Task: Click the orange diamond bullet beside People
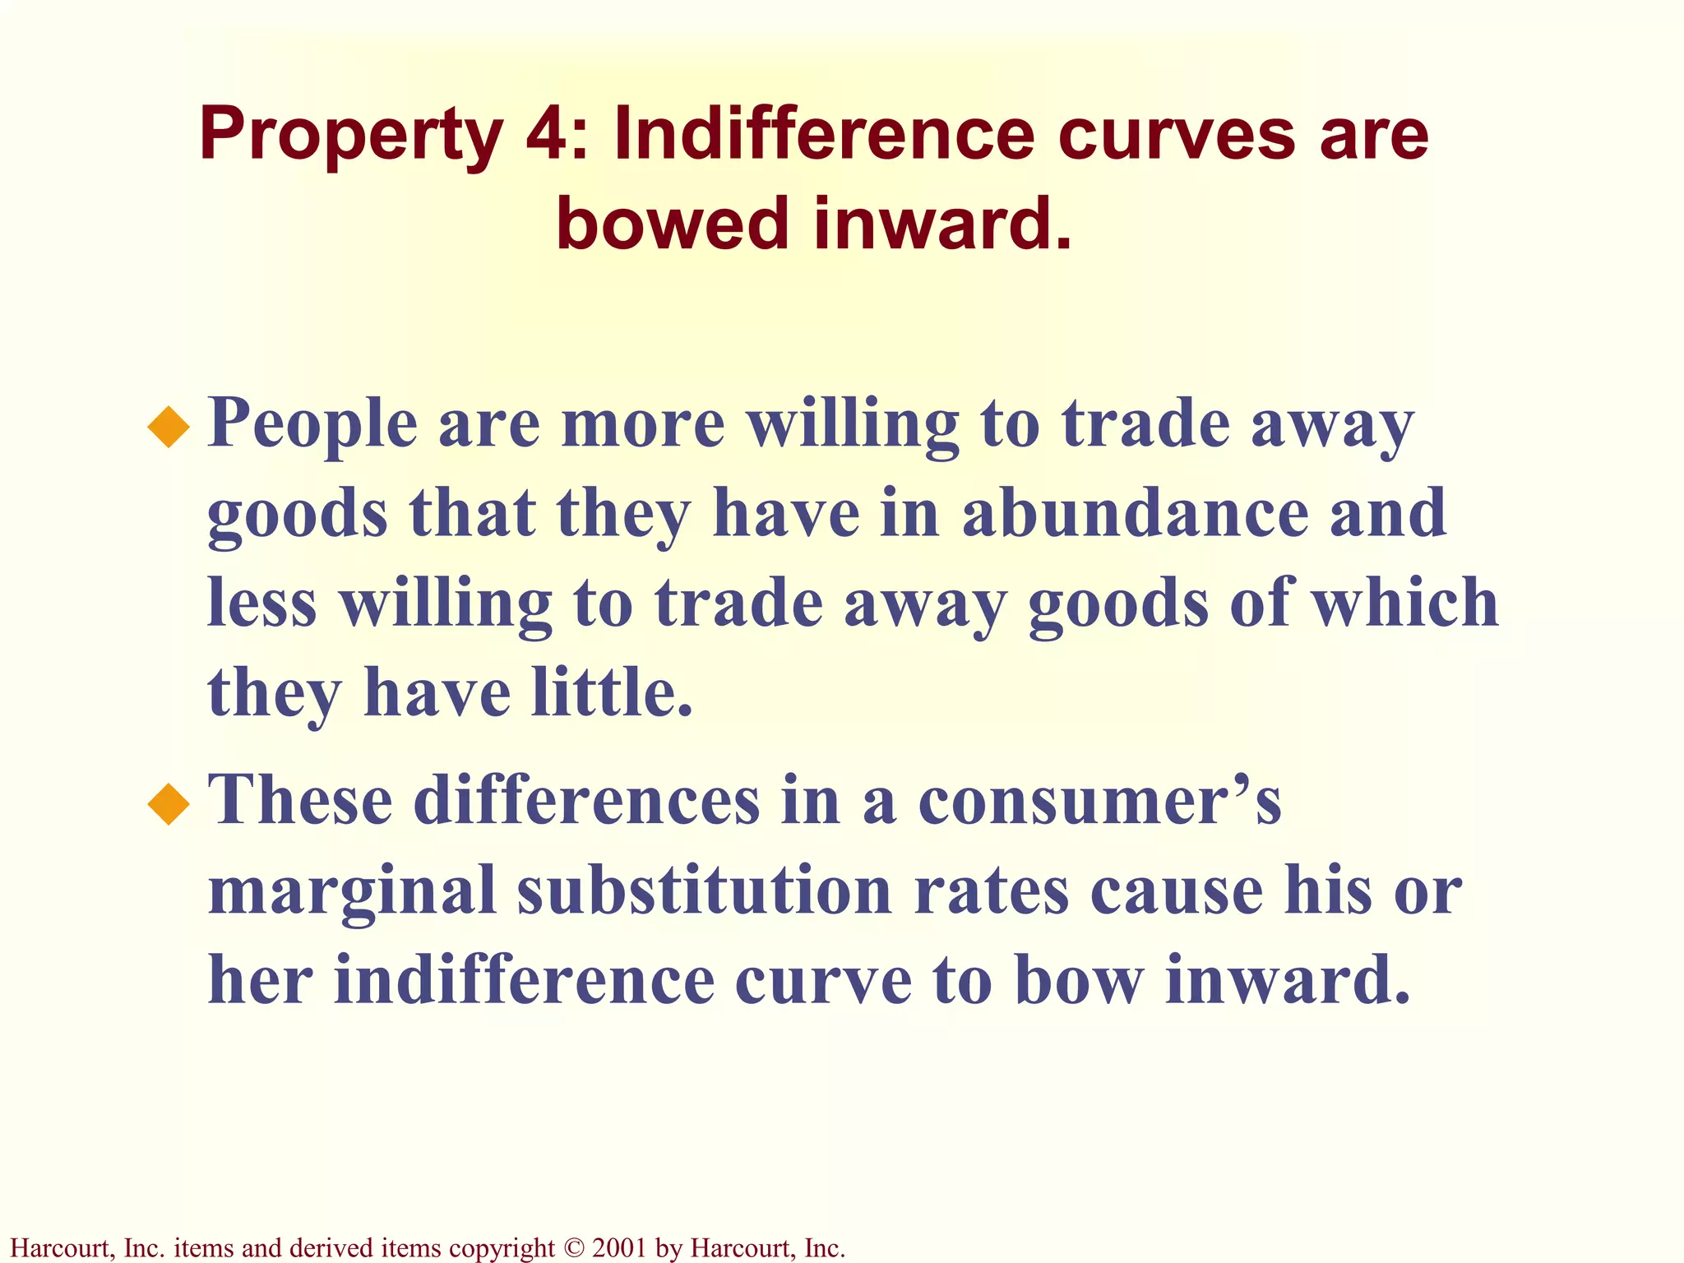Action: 169,427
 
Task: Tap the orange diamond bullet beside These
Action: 169,803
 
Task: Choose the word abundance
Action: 1135,513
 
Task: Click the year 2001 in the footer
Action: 618,1248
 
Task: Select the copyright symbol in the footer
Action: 573,1248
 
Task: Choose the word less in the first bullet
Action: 261,603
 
